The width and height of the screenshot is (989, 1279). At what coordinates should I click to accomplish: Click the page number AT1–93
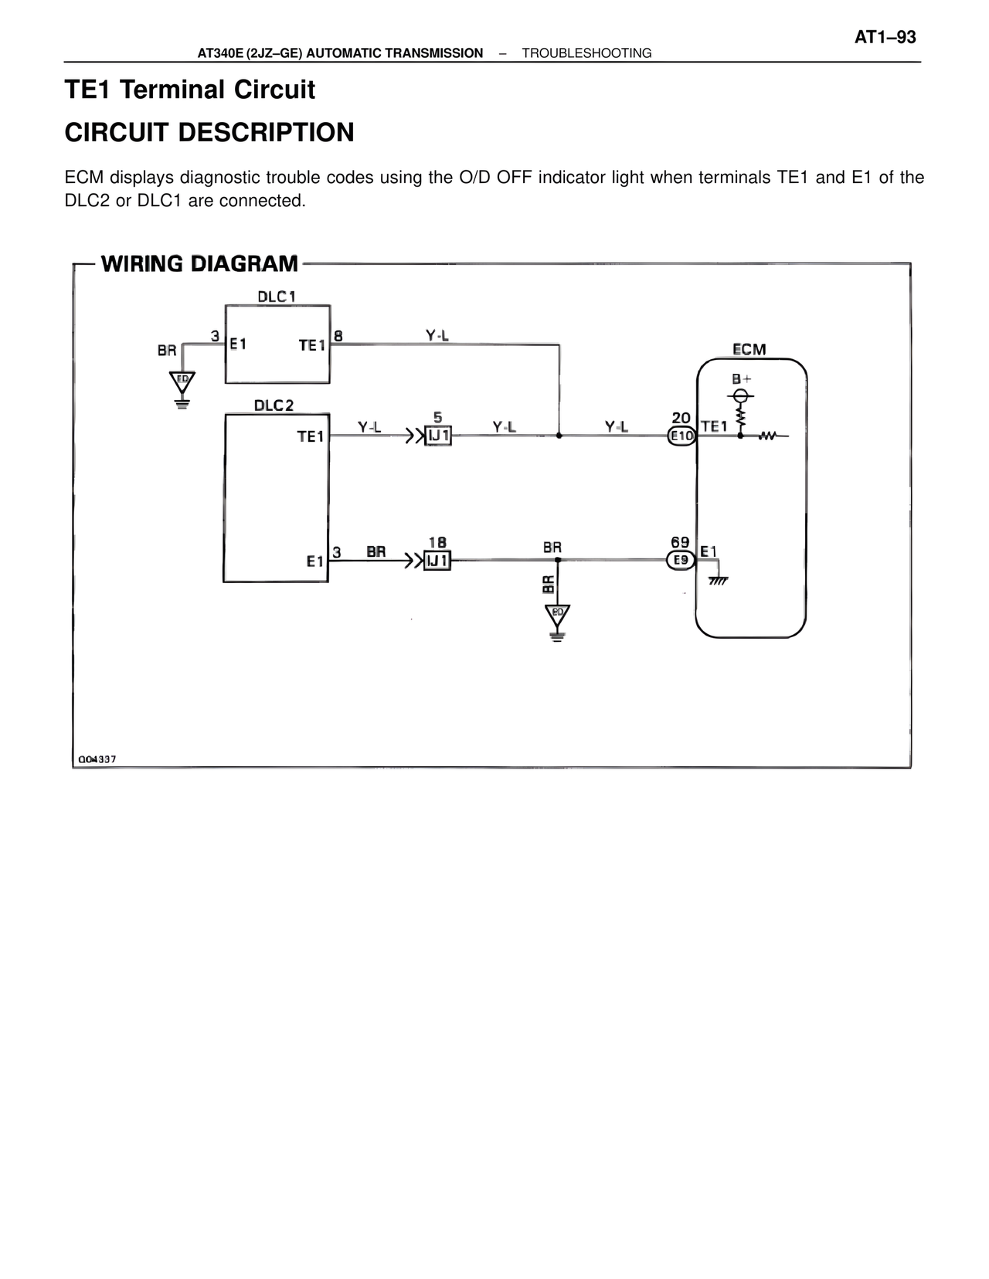tap(885, 37)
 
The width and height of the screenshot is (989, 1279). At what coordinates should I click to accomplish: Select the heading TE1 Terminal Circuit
tap(190, 90)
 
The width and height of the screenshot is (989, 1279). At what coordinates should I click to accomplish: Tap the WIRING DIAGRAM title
tap(199, 264)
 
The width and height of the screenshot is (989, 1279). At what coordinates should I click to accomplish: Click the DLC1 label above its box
tap(277, 297)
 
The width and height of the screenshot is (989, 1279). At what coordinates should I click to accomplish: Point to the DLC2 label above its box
tap(274, 405)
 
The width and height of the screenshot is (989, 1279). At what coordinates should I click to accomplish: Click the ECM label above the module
tap(749, 349)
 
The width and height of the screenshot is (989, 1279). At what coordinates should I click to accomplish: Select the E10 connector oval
tap(681, 436)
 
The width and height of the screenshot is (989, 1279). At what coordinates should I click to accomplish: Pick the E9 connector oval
tap(681, 560)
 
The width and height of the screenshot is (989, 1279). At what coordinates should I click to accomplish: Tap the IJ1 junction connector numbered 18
tap(437, 561)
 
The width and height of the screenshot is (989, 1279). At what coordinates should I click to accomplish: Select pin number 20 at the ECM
tap(681, 418)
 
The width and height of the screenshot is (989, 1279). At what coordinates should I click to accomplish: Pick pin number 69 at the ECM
tap(680, 543)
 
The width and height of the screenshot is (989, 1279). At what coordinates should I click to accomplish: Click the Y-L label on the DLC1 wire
tap(437, 335)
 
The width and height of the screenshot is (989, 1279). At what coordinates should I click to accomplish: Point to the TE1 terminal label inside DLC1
tap(312, 345)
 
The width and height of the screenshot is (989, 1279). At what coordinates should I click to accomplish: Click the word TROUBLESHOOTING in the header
tap(586, 53)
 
